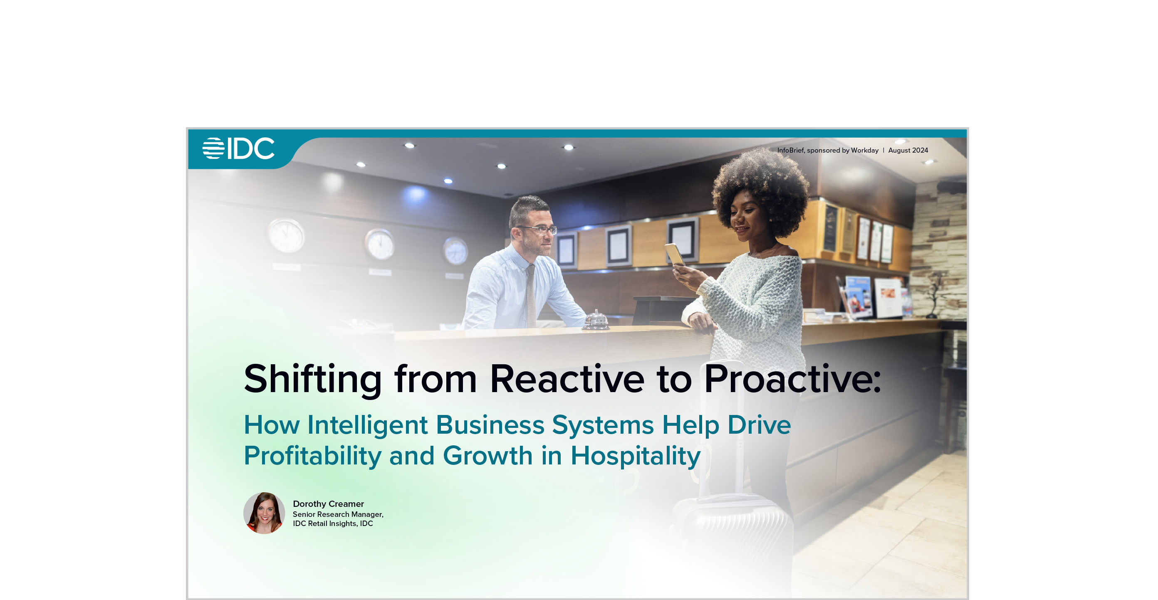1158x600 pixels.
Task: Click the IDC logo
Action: (238, 148)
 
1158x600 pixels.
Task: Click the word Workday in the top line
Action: (864, 150)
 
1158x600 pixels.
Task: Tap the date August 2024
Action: (908, 150)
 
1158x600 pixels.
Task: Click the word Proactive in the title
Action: (792, 379)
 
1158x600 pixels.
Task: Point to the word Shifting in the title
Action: (313, 380)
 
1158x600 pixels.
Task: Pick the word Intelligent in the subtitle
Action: (367, 425)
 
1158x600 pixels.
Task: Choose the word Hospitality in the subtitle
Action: (636, 456)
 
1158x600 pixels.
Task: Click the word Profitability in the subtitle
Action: (313, 456)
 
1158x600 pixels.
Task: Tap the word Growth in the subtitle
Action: (488, 456)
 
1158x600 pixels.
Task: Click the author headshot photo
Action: (264, 513)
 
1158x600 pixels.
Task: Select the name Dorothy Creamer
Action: (329, 504)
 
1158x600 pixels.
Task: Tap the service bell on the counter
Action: (595, 321)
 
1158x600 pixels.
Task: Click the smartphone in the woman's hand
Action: (674, 254)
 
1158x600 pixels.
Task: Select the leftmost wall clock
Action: (286, 235)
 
